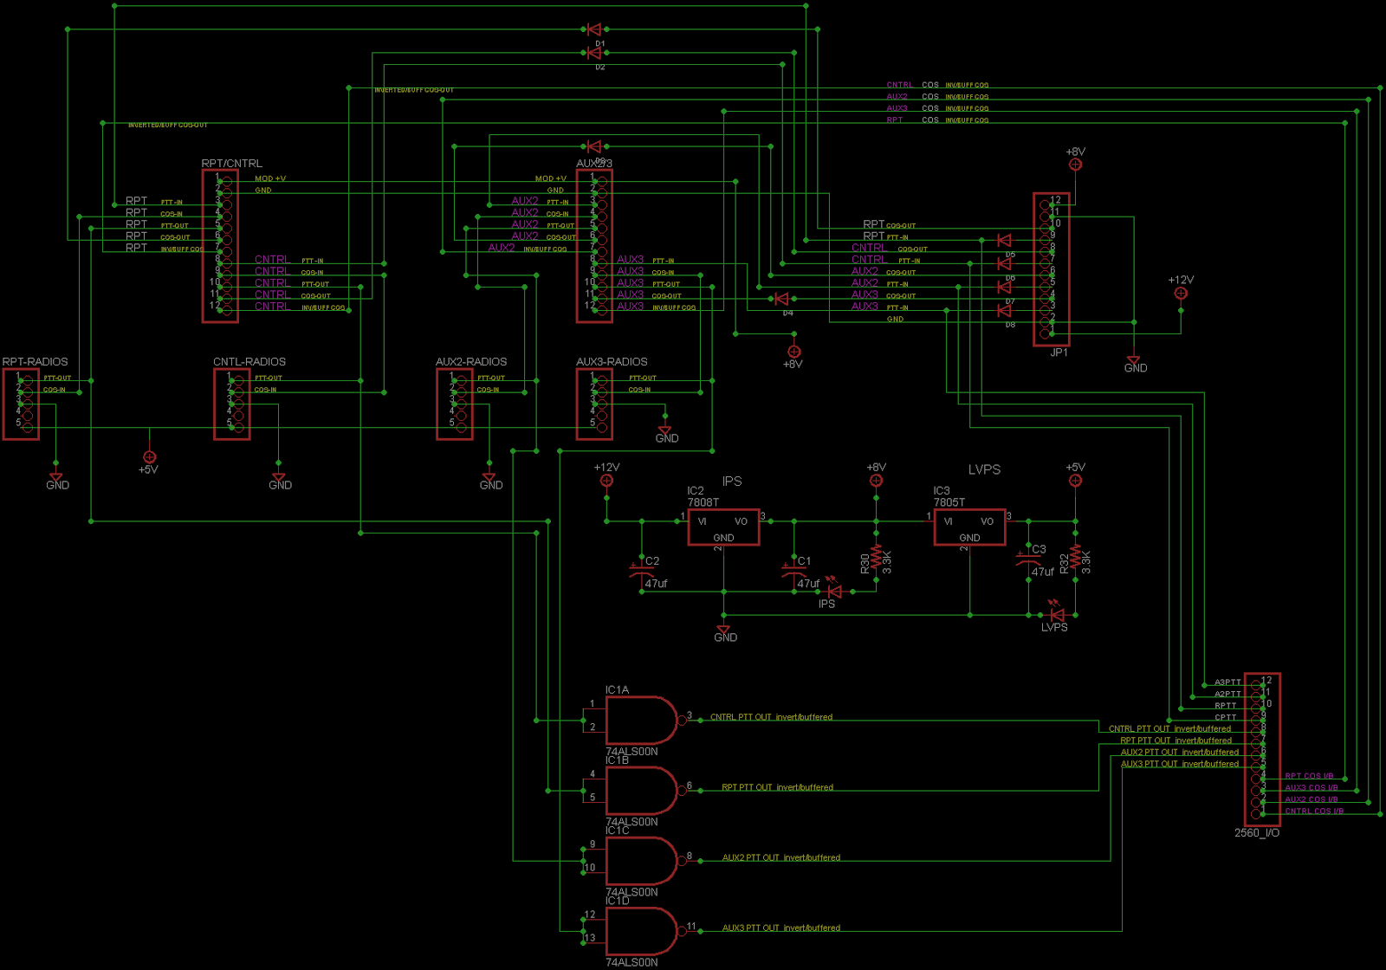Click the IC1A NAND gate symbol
click(641, 720)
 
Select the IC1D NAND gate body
click(641, 931)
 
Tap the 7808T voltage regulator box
click(723, 527)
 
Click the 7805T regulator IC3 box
click(969, 527)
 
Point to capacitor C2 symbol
click(642, 569)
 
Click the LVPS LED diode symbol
click(1057, 615)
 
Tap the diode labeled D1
click(594, 29)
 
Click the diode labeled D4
click(781, 299)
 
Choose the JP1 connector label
click(1059, 352)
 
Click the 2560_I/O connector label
click(1256, 833)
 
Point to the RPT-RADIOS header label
click(35, 361)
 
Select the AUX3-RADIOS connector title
click(612, 361)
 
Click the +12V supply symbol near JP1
click(1180, 293)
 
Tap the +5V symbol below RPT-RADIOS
click(149, 456)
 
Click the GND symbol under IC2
click(723, 631)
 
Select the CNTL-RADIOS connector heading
click(249, 361)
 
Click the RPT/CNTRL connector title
click(231, 163)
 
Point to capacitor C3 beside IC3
click(1028, 559)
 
